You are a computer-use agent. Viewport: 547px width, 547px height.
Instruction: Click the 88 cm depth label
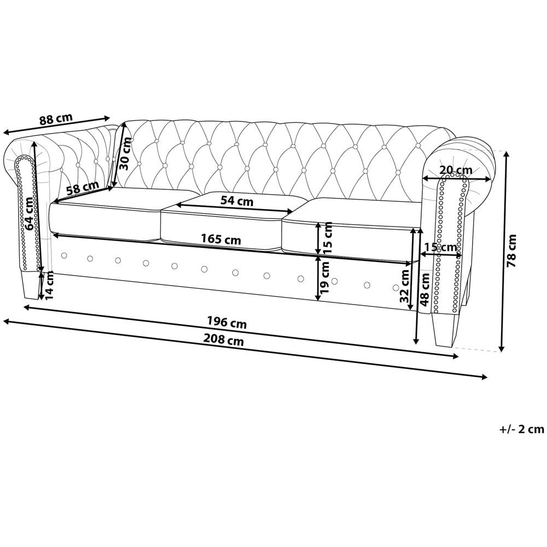coord(56,119)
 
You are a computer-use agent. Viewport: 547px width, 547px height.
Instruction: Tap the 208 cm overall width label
coord(224,340)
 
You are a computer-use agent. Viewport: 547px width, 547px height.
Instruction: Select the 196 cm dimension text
coord(227,322)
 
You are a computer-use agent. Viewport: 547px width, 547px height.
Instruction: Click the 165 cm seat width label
coord(221,240)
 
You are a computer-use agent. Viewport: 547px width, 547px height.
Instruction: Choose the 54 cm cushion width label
coord(237,201)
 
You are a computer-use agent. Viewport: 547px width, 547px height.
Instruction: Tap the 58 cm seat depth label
coord(83,189)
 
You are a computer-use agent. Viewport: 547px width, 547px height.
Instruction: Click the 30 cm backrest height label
coord(124,153)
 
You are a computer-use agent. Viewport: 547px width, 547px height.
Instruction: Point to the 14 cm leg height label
coord(50,286)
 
